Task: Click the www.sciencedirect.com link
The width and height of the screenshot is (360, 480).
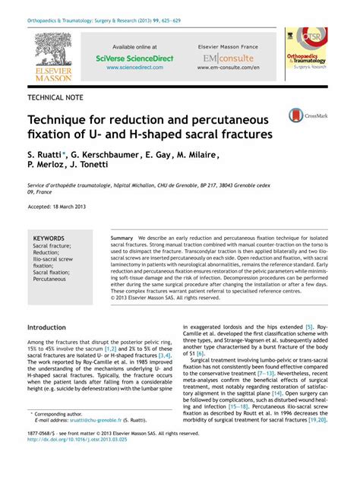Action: tap(134, 68)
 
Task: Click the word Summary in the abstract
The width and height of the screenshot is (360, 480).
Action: tap(122, 238)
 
